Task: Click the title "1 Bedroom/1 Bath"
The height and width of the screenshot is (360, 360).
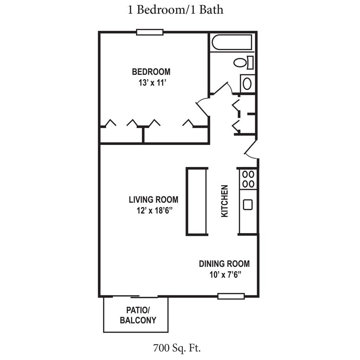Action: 175,9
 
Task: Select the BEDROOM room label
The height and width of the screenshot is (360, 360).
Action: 151,72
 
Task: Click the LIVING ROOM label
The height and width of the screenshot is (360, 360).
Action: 153,200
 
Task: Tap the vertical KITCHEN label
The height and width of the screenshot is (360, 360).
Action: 224,201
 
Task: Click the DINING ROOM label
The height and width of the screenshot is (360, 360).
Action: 224,264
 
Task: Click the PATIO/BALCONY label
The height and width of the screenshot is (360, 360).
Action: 138,315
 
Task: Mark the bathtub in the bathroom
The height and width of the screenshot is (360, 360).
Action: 232,42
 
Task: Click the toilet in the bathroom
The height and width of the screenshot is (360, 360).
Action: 243,63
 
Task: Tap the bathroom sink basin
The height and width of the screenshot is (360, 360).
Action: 247,84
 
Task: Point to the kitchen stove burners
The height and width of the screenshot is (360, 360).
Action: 248,179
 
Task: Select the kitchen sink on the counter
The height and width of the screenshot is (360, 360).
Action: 248,204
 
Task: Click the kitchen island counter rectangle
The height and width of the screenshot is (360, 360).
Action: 197,201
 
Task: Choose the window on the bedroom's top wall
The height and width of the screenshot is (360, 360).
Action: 150,32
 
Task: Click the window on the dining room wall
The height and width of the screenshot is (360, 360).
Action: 231,296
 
